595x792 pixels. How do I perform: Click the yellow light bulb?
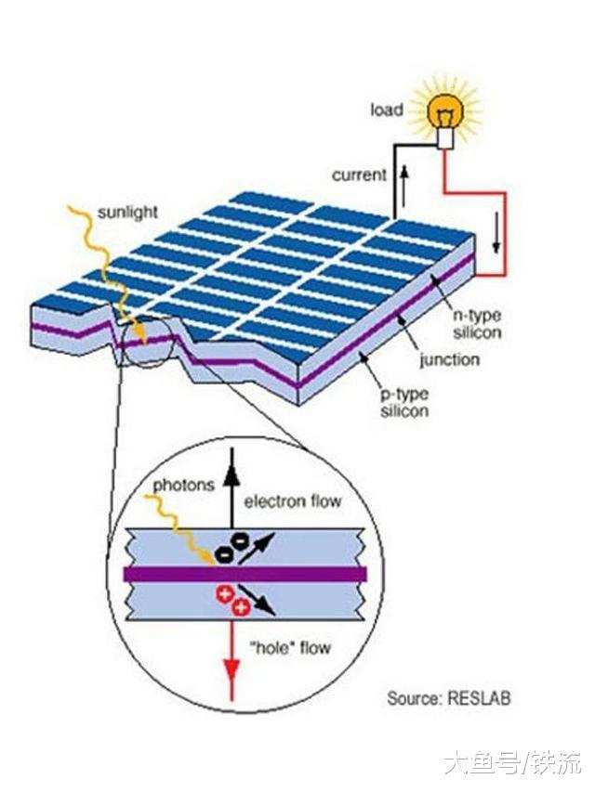[x=444, y=112]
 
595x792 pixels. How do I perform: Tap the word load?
[x=387, y=110]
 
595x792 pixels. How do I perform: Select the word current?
[x=360, y=175]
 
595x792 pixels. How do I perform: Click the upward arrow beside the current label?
[x=403, y=187]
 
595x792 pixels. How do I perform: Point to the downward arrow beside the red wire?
[x=496, y=233]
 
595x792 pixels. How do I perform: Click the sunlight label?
[x=128, y=213]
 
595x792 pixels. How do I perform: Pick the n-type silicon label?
[x=477, y=324]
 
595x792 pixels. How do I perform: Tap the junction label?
[x=449, y=360]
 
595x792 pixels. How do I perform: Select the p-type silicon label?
[x=404, y=403]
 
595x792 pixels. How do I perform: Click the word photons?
[x=184, y=486]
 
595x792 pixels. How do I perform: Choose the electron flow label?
[x=293, y=501]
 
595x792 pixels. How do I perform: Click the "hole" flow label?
[x=291, y=647]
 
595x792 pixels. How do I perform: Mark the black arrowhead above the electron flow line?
[x=231, y=474]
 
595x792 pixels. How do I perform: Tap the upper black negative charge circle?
[x=238, y=542]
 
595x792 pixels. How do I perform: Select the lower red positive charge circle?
[x=241, y=607]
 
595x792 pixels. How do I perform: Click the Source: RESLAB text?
[x=449, y=698]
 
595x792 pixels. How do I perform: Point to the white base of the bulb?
[x=445, y=138]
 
